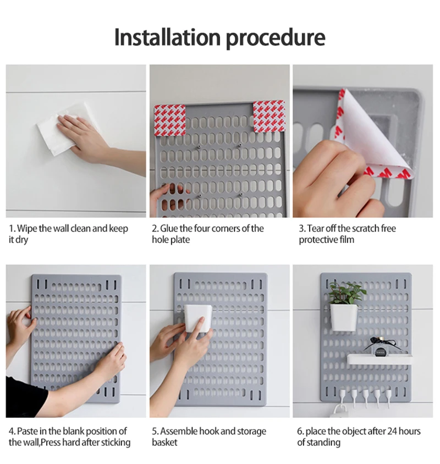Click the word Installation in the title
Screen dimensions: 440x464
(x=167, y=37)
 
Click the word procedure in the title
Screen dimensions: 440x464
(x=276, y=38)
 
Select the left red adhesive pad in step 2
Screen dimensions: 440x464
(x=170, y=121)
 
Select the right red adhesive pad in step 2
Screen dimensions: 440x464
(x=269, y=117)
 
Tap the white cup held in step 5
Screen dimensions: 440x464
(x=198, y=318)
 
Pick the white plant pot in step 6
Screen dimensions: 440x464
(x=344, y=317)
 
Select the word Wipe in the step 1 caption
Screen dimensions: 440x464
(x=27, y=229)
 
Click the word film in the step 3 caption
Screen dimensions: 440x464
(x=347, y=240)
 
